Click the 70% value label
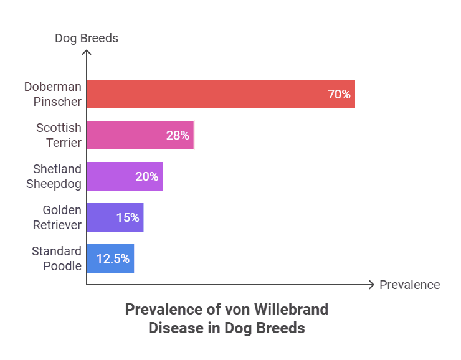point(339,95)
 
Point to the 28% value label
point(178,135)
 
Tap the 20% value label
point(147,176)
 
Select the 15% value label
point(128,217)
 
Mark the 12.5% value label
point(113,258)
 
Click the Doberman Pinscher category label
point(52,94)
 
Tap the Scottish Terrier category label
point(58,135)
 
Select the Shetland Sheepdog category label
point(54,176)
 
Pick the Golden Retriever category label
point(57,217)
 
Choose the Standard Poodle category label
point(57,258)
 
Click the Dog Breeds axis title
point(87,39)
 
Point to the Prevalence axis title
point(409,285)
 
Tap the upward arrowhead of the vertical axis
point(87,53)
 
